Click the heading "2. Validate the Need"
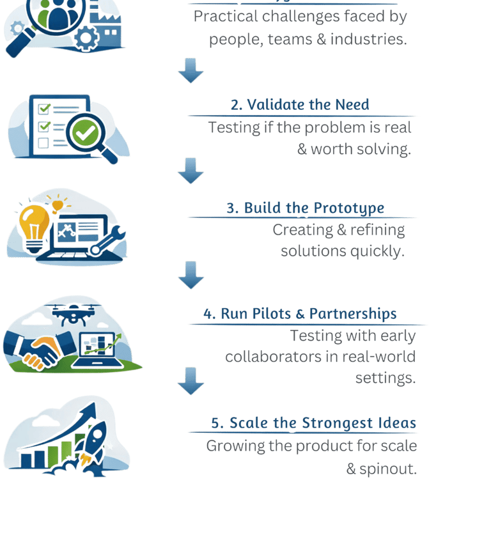[300, 105]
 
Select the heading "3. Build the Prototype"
[305, 208]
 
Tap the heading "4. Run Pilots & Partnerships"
[300, 314]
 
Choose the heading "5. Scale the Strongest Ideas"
[313, 423]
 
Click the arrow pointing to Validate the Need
[191, 70]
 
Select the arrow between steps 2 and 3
[191, 171]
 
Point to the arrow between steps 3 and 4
[191, 274]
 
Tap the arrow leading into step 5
[191, 381]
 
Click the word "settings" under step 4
[386, 378]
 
